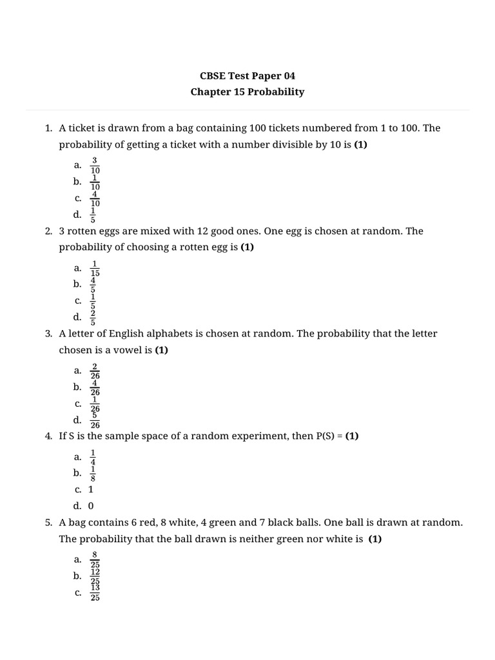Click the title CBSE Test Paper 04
click(x=247, y=75)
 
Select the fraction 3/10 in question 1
click(x=95, y=165)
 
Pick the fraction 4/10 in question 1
click(x=95, y=199)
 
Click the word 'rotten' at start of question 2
click(x=84, y=231)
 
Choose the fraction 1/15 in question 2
click(x=95, y=268)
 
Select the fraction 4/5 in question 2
click(x=93, y=284)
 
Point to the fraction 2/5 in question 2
click(x=93, y=317)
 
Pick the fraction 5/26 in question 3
click(x=95, y=420)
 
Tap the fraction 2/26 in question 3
click(x=95, y=371)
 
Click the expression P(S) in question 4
click(x=327, y=436)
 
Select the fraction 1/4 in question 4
click(x=93, y=457)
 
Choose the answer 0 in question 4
click(x=91, y=506)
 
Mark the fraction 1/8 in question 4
click(x=93, y=473)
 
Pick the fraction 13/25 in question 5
click(x=95, y=593)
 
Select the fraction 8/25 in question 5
click(x=95, y=559)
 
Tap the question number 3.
click(x=48, y=334)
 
